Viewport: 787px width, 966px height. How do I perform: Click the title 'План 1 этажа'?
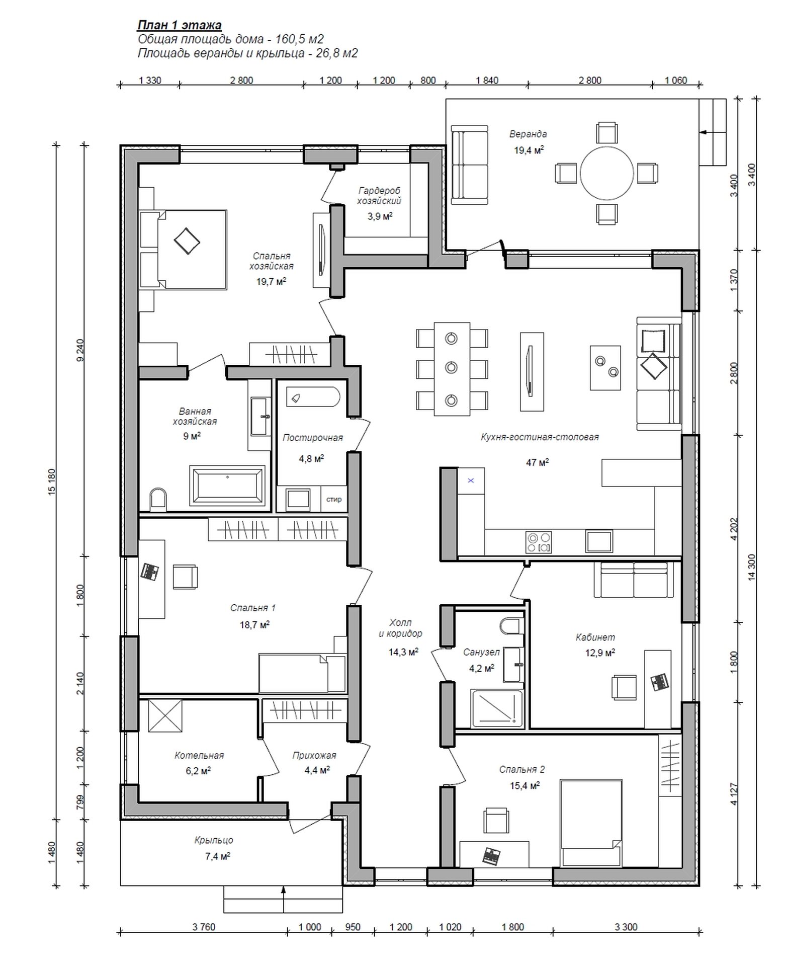tap(179, 25)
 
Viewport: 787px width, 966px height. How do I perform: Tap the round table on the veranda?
tap(606, 173)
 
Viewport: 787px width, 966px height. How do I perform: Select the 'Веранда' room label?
tap(528, 134)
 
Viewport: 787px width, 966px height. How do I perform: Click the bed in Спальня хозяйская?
tap(191, 250)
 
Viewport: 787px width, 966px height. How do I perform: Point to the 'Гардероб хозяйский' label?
tap(380, 196)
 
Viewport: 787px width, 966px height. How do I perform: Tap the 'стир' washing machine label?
tap(334, 499)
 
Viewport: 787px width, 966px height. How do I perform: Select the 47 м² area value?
tap(538, 462)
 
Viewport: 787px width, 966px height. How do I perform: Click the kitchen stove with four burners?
tap(538, 542)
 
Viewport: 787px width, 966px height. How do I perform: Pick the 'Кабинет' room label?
tap(595, 637)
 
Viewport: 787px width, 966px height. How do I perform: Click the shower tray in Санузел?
tap(497, 709)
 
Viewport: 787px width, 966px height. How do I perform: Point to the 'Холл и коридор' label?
tap(401, 628)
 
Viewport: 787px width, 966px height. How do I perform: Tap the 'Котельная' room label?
tap(199, 755)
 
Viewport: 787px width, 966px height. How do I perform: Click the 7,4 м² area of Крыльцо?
tap(219, 856)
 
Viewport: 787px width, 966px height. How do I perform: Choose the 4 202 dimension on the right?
tap(735, 529)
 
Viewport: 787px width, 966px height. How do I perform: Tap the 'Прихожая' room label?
tap(314, 755)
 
